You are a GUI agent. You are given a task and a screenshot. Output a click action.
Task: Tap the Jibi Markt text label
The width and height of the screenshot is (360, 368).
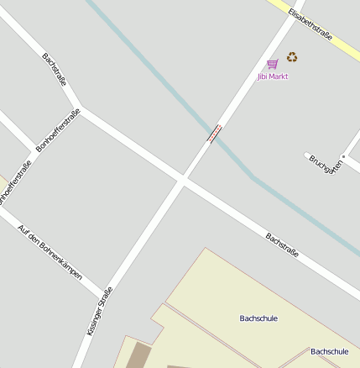pyautogui.click(x=273, y=76)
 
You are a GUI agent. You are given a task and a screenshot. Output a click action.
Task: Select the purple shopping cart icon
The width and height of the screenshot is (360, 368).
pyautogui.click(x=273, y=64)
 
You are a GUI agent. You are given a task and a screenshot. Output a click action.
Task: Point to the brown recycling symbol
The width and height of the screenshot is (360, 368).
pyautogui.click(x=292, y=58)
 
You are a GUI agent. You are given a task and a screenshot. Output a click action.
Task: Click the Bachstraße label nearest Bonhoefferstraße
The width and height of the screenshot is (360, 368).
pyautogui.click(x=55, y=69)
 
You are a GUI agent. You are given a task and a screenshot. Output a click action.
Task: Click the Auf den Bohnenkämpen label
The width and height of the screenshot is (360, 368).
pyautogui.click(x=50, y=252)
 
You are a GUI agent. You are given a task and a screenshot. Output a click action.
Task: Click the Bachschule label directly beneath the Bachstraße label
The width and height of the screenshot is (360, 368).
pyautogui.click(x=258, y=318)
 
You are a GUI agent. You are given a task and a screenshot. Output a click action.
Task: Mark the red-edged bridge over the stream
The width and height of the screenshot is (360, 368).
pyautogui.click(x=216, y=132)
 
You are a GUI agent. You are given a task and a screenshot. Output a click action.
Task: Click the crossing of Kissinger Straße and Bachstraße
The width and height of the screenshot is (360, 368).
pyautogui.click(x=182, y=179)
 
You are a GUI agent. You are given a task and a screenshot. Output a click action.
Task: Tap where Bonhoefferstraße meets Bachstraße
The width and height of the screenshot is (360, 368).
pyautogui.click(x=79, y=110)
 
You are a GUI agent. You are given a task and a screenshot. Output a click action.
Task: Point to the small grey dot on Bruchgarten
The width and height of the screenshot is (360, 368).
pyautogui.click(x=343, y=157)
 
